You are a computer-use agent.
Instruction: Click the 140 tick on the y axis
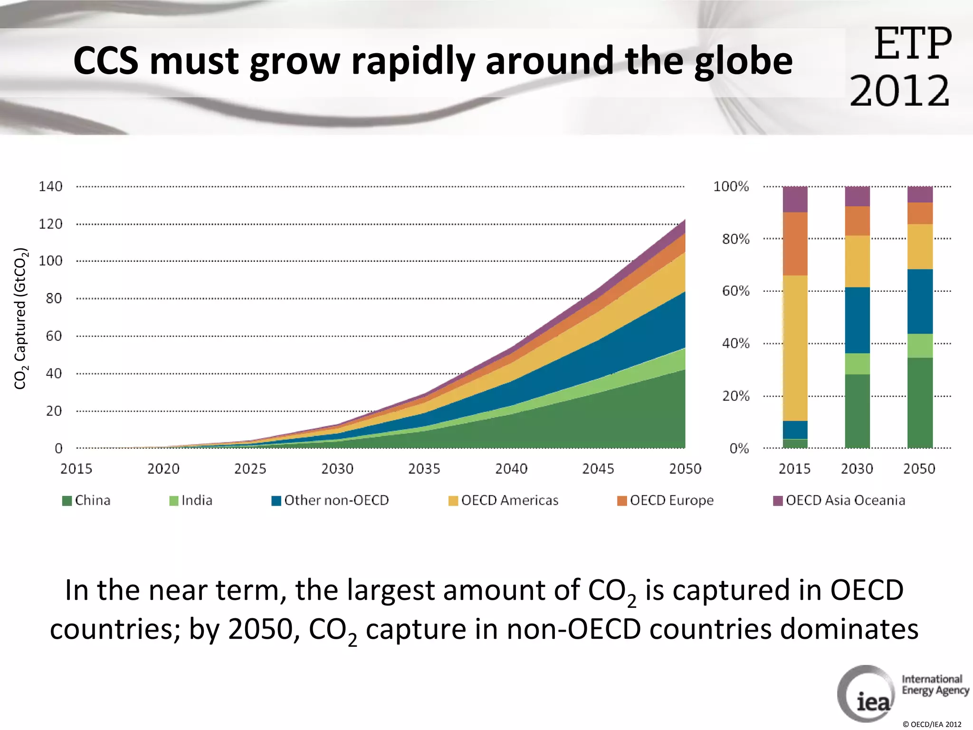[50, 186]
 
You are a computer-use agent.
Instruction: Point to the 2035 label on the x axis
[424, 469]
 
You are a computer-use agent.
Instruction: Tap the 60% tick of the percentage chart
[735, 291]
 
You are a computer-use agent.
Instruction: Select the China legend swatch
[67, 501]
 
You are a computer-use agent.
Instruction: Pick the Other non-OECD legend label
[336, 500]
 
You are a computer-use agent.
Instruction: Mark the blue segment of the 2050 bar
[920, 301]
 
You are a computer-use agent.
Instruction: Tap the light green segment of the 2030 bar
[857, 364]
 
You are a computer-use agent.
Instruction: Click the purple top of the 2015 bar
[795, 199]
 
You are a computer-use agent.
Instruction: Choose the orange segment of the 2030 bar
[857, 221]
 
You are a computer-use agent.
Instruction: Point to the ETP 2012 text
[900, 67]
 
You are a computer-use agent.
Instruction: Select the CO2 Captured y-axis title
[20, 318]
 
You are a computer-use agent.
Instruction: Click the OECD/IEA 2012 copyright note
[932, 724]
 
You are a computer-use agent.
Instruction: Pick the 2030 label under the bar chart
[857, 469]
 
